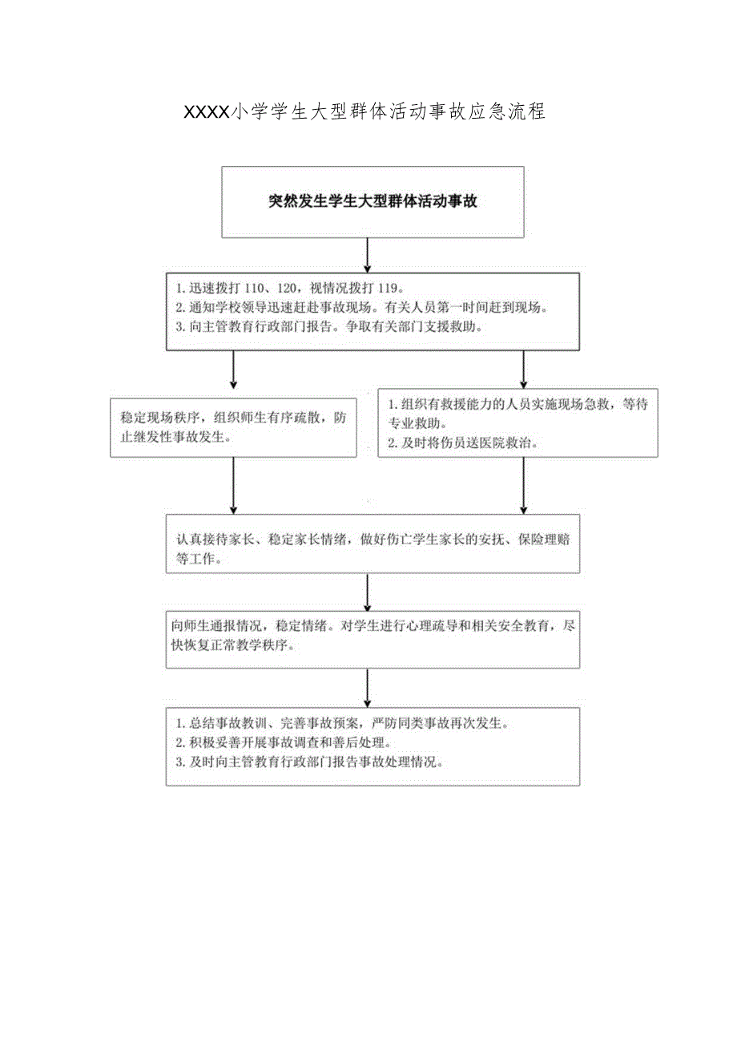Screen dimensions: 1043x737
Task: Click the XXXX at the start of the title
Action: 207,112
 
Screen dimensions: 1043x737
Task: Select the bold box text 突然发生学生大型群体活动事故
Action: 373,202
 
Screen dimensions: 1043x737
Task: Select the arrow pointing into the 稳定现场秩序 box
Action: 233,372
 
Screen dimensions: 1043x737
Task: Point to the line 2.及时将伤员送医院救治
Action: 464,443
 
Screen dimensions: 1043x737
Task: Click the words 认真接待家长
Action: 212,540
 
